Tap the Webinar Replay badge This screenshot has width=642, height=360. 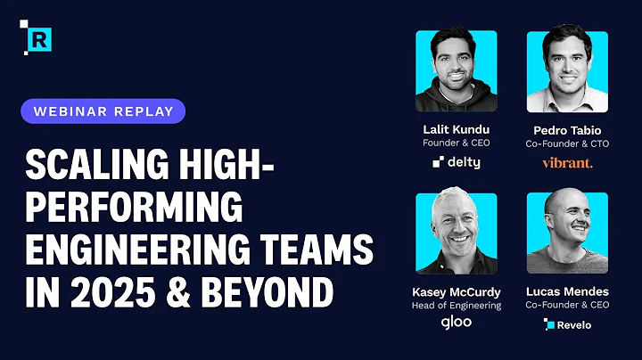point(103,111)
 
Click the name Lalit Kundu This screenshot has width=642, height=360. point(457,128)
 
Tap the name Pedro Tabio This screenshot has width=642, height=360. point(567,128)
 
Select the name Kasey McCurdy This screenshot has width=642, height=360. point(457,290)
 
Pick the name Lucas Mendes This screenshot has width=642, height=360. point(567,290)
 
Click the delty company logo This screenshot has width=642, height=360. point(457,162)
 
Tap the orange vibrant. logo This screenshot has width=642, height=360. point(567,162)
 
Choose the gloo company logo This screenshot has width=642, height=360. point(457,323)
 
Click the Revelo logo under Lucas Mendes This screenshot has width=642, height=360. point(567,324)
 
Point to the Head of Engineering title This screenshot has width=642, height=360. point(457,306)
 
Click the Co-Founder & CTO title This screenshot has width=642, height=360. point(567,143)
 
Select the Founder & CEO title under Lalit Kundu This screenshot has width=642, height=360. point(457,143)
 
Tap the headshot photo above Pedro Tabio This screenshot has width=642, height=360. point(567,71)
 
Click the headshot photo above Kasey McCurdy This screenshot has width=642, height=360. point(457,233)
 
